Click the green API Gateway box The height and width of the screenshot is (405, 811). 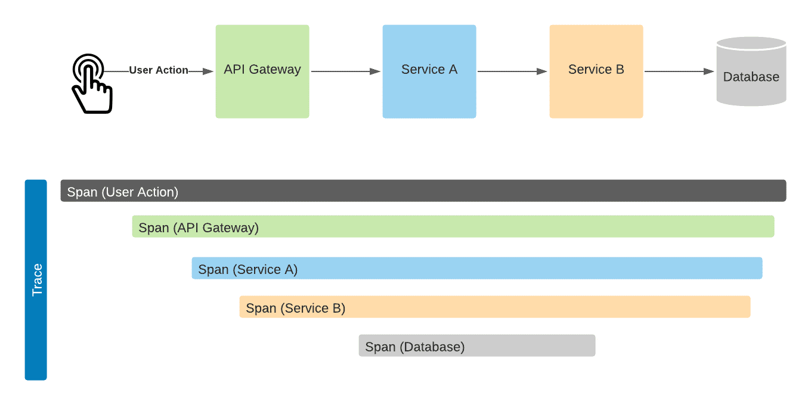coord(262,71)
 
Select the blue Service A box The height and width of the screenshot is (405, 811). coord(429,71)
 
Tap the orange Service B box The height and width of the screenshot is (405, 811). coord(596,71)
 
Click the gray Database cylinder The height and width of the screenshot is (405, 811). coord(751,71)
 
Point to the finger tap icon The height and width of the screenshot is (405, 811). coord(92,84)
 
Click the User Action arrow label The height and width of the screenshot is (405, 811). coord(159,70)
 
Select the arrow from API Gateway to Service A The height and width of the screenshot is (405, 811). coord(346,71)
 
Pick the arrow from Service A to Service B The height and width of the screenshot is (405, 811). coord(512,71)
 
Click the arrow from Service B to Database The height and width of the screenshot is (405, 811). coord(679,71)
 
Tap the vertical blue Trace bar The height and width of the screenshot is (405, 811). coord(36,280)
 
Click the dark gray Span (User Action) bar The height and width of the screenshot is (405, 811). coord(423,191)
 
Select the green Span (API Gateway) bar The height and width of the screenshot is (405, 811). coord(453,226)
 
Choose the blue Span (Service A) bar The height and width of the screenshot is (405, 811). coord(477,268)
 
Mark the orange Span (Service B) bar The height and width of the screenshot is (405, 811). coord(495,307)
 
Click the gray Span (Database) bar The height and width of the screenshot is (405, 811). coord(477,345)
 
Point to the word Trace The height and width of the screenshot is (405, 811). coord(37,280)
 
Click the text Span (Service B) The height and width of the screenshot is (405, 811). coord(295,308)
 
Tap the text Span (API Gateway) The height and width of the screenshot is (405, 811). coord(199,228)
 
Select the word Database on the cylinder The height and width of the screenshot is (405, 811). coord(751,77)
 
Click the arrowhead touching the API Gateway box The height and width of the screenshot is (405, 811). coord(208,71)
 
